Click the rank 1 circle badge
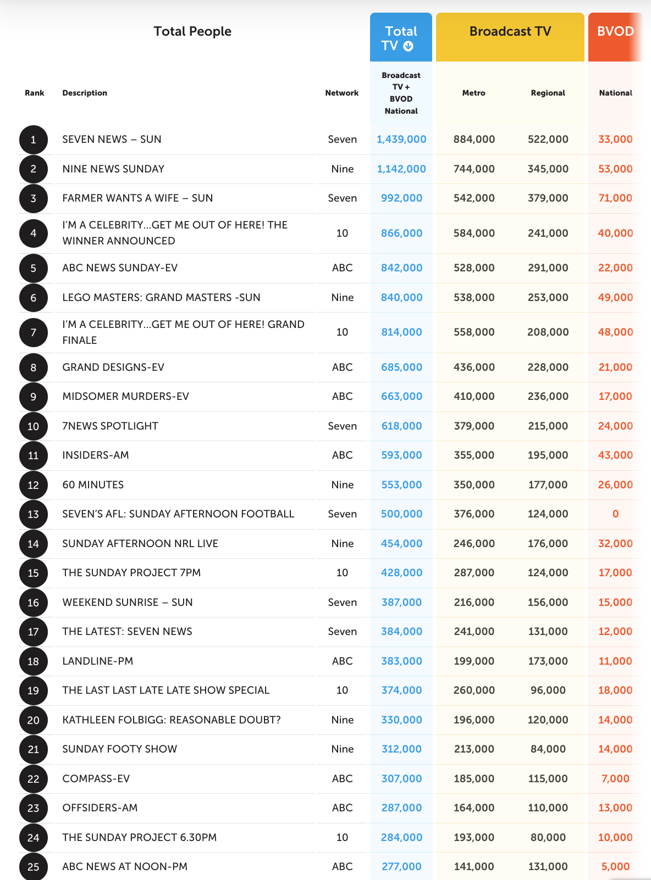point(34,140)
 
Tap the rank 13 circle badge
point(34,514)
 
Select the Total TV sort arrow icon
point(409,47)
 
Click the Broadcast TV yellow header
point(510,37)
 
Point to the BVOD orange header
point(615,37)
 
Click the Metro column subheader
point(474,93)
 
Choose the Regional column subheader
point(548,93)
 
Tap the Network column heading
point(342,93)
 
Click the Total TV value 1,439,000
point(401,140)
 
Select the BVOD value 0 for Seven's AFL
point(616,514)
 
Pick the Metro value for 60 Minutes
point(475,484)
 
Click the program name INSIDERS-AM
point(96,455)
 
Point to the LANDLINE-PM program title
point(98,661)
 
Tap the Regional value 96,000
point(548,690)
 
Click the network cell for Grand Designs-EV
point(343,367)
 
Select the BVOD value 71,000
point(616,198)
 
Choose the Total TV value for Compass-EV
point(401,778)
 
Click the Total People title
point(192,31)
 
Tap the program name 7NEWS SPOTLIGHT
point(111,426)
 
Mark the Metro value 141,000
point(475,866)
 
